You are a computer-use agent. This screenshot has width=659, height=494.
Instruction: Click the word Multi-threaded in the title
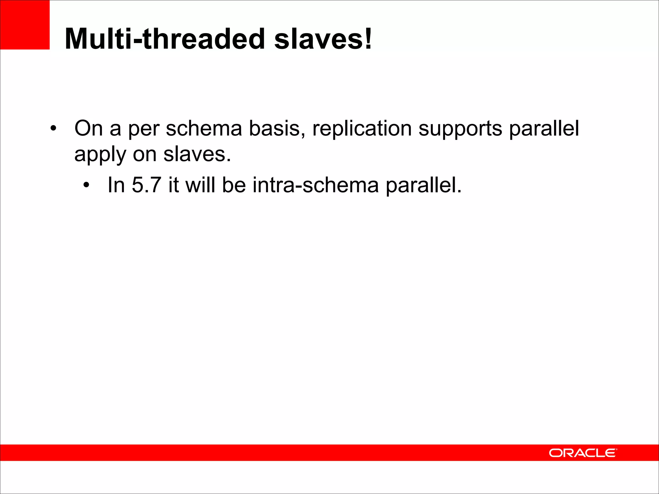[165, 39]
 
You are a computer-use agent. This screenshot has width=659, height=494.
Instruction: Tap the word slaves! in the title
[323, 39]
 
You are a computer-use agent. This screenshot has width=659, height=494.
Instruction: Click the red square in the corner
[25, 25]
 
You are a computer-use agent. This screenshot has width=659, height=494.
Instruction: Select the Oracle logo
[583, 453]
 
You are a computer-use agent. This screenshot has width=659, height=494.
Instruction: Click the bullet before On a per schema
[53, 129]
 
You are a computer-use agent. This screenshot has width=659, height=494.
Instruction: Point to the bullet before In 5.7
[86, 186]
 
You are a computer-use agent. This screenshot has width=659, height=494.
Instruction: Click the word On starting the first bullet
[88, 128]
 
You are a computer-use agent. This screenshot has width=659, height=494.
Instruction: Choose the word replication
[362, 128]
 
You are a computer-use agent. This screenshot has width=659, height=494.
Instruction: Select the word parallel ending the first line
[544, 128]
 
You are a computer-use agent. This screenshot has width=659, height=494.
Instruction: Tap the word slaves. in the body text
[197, 154]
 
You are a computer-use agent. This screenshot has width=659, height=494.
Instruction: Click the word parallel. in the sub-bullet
[423, 186]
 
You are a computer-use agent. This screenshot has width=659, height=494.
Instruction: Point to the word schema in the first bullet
[204, 128]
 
